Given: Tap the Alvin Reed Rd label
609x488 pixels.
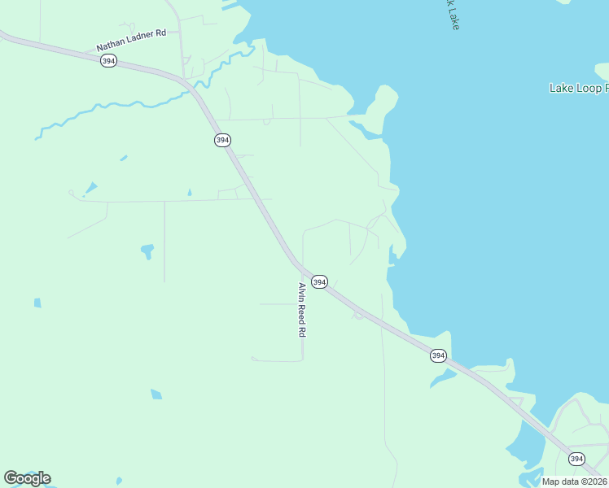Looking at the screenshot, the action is click(x=301, y=310).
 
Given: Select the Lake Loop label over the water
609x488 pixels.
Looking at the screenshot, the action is click(x=579, y=88).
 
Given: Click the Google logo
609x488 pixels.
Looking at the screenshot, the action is click(x=27, y=477).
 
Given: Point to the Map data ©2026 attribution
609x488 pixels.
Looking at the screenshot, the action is click(x=575, y=481).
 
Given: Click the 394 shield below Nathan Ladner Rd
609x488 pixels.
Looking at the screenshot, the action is click(x=109, y=62).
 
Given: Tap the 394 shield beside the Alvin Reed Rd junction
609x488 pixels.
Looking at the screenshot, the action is click(x=320, y=282).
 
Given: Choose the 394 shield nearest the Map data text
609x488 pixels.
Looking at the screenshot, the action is click(x=576, y=459).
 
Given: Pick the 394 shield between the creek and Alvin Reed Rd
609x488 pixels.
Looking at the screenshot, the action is click(x=222, y=141).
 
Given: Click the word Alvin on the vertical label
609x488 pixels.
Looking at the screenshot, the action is click(x=301, y=291).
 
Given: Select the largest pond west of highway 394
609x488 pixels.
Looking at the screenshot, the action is click(x=147, y=251).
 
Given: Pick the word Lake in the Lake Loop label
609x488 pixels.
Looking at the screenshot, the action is click(x=562, y=88).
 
